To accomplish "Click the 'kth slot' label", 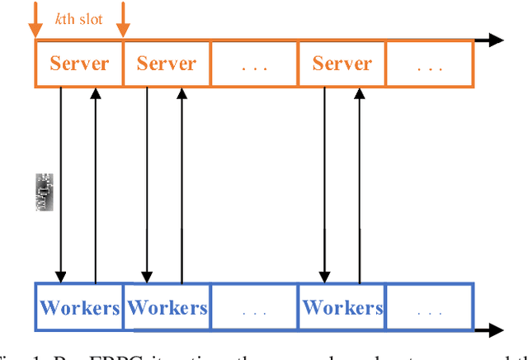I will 78,17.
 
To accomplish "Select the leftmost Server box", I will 79,64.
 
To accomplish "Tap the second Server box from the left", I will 166,64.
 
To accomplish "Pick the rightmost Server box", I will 342,64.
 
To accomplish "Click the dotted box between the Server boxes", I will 254,64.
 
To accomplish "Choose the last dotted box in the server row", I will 430,64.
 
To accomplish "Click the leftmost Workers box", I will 79,308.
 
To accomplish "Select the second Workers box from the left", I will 167,308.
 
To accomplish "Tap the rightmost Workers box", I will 342,308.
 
